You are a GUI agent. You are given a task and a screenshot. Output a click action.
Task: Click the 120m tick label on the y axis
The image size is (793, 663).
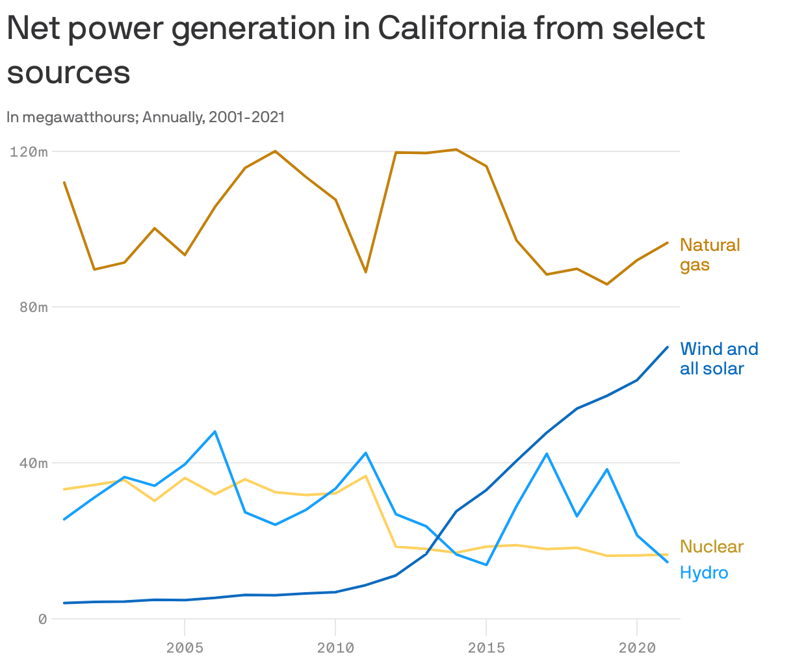[29, 152]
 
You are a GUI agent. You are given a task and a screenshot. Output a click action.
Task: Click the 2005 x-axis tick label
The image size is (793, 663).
[185, 647]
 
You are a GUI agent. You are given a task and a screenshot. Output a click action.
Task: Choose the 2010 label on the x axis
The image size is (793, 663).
[335, 647]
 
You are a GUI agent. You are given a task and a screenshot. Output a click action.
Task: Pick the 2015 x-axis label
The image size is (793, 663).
[486, 647]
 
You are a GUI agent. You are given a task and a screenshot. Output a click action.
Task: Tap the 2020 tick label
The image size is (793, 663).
[636, 647]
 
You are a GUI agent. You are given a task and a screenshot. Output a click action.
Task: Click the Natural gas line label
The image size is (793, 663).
[709, 255]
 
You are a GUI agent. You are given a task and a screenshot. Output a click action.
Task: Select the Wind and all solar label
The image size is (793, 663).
[718, 359]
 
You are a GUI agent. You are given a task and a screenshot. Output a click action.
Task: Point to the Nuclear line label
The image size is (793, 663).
[711, 547]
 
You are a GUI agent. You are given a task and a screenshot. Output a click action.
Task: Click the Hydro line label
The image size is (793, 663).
[704, 573]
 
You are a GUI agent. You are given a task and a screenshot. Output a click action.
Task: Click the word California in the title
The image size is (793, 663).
[452, 29]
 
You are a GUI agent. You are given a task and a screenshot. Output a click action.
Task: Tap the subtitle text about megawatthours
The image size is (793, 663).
[146, 118]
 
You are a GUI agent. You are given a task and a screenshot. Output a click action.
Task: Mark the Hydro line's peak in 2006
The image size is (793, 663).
[215, 432]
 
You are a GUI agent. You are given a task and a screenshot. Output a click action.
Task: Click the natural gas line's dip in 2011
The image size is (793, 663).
[366, 272]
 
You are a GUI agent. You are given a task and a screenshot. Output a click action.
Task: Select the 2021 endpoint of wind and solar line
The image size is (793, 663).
[667, 347]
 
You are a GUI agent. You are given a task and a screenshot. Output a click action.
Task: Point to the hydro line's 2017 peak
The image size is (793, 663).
[547, 454]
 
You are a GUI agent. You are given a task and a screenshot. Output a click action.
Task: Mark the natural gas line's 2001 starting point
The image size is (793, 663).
[64, 183]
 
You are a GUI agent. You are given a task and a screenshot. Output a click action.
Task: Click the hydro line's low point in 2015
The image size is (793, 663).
[486, 565]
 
